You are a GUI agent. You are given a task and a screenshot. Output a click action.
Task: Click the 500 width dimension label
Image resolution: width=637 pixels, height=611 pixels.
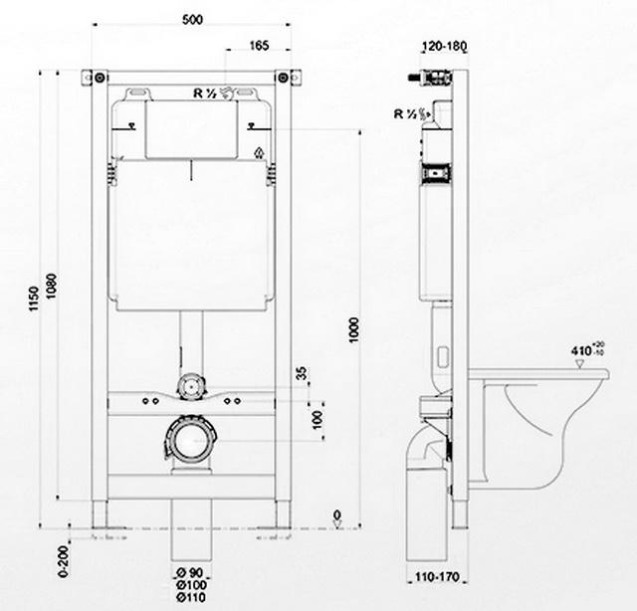(x=192, y=19)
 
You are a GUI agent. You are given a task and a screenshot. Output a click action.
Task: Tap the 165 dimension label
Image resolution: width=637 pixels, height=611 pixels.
(x=259, y=45)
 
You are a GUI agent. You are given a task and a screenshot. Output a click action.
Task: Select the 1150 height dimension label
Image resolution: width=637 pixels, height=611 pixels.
(x=34, y=299)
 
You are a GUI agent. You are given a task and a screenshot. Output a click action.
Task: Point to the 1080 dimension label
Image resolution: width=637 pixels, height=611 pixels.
(x=51, y=286)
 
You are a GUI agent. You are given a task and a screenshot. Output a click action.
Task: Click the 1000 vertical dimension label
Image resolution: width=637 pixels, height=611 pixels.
(x=354, y=329)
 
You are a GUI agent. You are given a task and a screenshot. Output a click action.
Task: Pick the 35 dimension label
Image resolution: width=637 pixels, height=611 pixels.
(x=302, y=373)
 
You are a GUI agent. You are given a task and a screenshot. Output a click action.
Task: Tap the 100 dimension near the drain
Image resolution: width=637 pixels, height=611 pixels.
(x=317, y=420)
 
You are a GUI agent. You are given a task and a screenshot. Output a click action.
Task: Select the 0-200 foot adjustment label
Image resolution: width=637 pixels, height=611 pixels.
(x=64, y=561)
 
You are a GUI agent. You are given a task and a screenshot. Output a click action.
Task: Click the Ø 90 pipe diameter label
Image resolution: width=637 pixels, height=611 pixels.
(x=190, y=573)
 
